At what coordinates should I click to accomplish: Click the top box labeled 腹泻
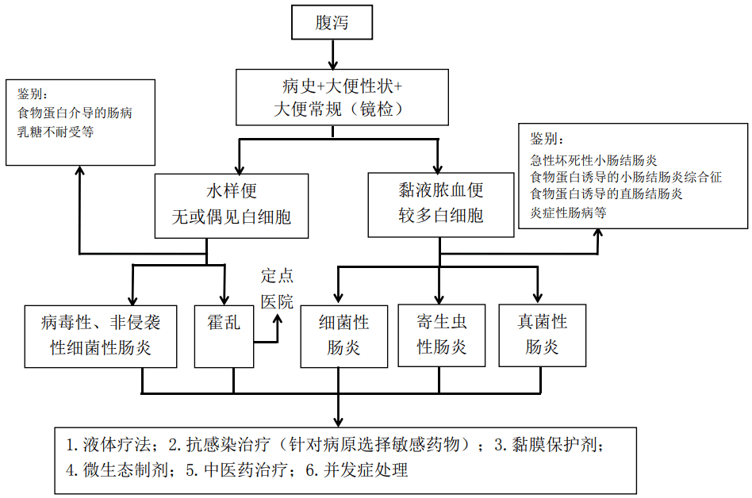[332, 22]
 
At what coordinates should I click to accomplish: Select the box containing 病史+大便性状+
[343, 96]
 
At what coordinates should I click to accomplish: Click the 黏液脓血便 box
[440, 205]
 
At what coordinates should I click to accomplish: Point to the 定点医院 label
[277, 289]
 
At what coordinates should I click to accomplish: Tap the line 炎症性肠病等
[569, 213]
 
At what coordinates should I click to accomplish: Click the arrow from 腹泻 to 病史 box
[332, 53]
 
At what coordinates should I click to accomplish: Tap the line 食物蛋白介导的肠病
[75, 113]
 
